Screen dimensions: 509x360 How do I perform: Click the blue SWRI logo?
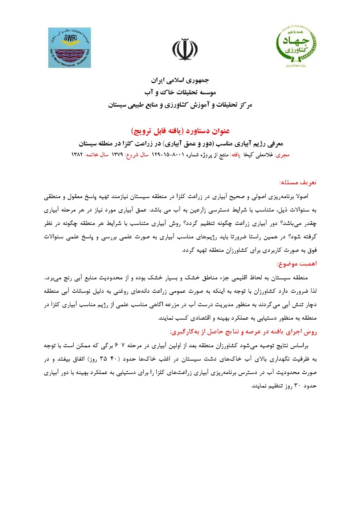(70, 48)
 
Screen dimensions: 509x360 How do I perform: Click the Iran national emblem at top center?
(185, 49)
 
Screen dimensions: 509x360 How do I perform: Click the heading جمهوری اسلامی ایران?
(180, 80)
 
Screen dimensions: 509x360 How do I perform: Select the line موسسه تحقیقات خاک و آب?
(180, 92)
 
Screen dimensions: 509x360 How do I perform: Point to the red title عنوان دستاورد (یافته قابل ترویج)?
(180, 131)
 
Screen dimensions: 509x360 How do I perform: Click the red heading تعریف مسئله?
(298, 182)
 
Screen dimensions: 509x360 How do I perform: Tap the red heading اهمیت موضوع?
(296, 264)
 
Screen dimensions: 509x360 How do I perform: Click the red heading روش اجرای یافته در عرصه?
(243, 332)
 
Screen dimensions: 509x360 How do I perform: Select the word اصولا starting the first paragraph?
(302, 196)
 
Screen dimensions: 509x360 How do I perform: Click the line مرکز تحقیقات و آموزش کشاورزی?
(180, 105)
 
